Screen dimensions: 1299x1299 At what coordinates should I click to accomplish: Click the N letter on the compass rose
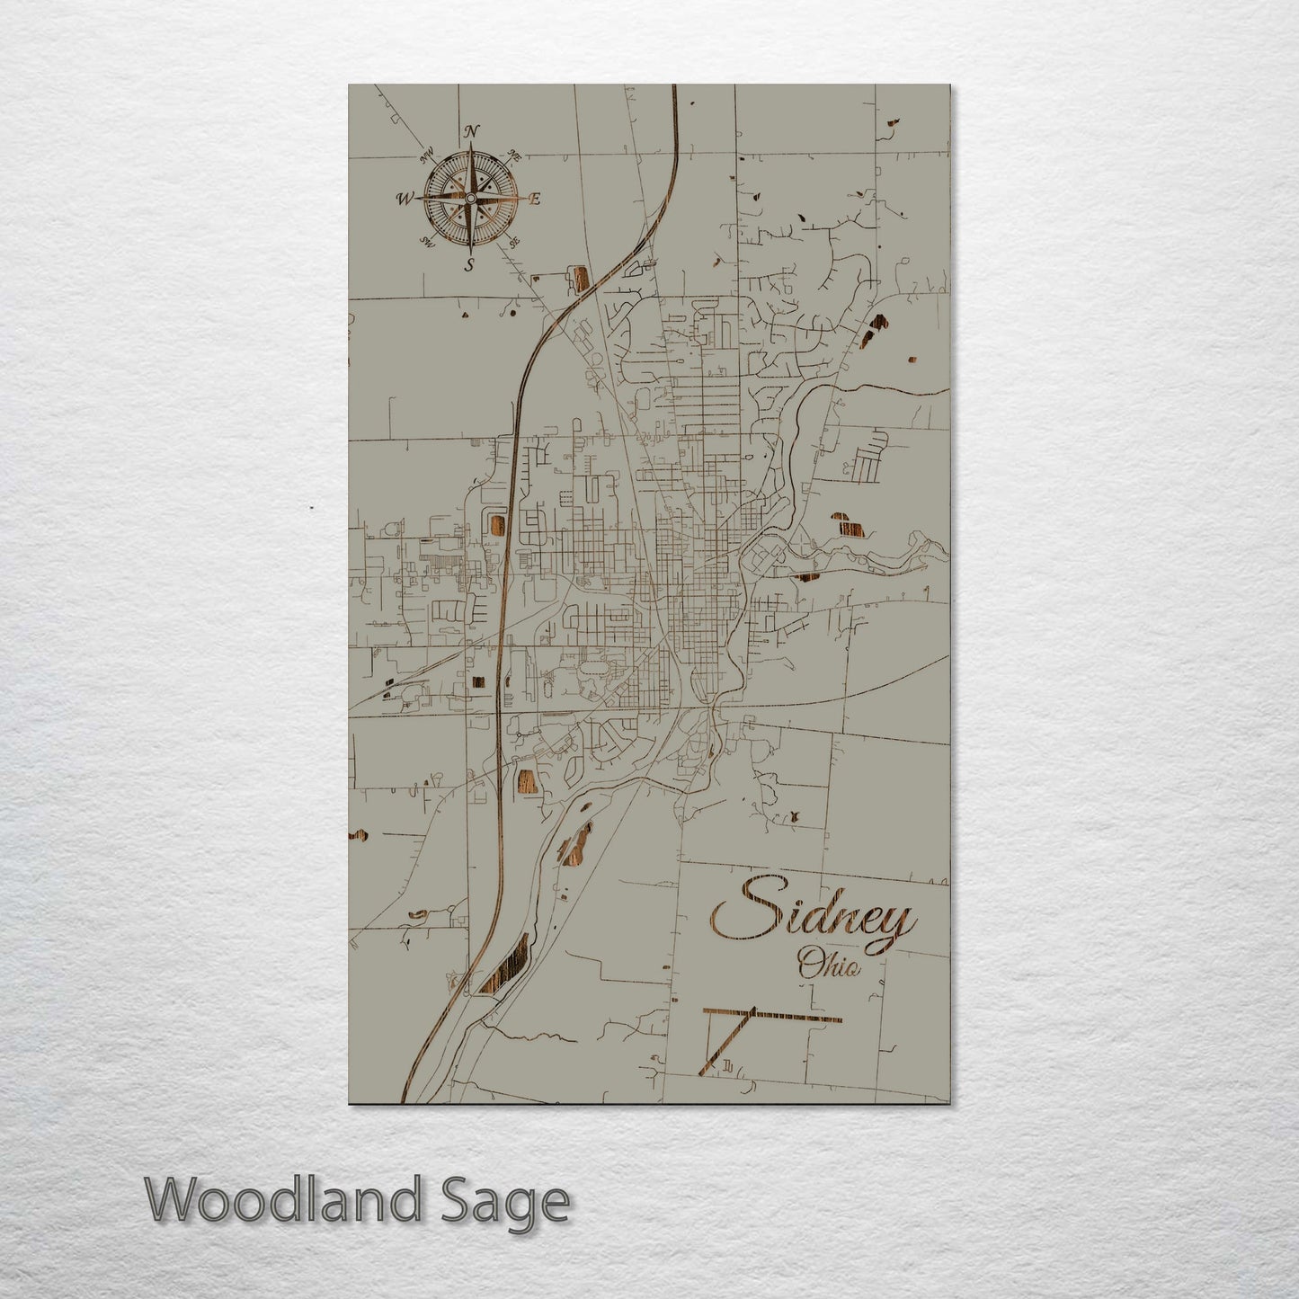470,132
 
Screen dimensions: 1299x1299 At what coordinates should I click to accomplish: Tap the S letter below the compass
468,263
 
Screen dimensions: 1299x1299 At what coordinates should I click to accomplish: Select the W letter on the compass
405,199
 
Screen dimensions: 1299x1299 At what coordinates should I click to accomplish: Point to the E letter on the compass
534,199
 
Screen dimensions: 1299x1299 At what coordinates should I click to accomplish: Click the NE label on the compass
515,155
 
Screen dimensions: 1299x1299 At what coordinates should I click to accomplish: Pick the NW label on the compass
426,156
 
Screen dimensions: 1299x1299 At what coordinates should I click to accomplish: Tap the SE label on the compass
514,242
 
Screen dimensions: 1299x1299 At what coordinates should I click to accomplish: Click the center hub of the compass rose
469,198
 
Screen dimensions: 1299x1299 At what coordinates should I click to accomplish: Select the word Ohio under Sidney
828,966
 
